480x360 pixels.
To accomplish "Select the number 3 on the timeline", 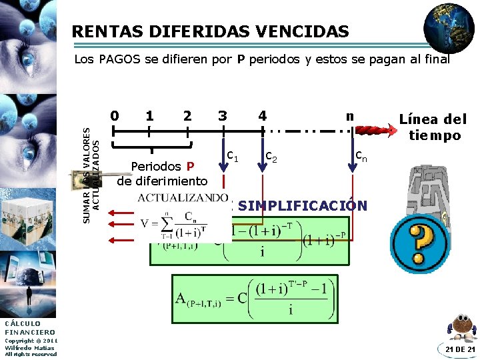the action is coord(222,115).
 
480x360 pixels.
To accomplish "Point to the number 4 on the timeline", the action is coord(263,116).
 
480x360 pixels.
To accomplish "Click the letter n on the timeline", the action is coord(349,115).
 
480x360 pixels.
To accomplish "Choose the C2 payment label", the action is coord(271,157).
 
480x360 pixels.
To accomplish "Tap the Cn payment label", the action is coord(361,157).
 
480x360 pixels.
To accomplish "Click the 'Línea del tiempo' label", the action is coord(433,127).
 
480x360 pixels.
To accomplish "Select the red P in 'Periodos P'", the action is coord(189,167).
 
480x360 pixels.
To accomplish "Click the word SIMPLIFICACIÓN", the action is coord(301,205).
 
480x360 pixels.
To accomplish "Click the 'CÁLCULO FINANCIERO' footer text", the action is coord(30,327).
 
